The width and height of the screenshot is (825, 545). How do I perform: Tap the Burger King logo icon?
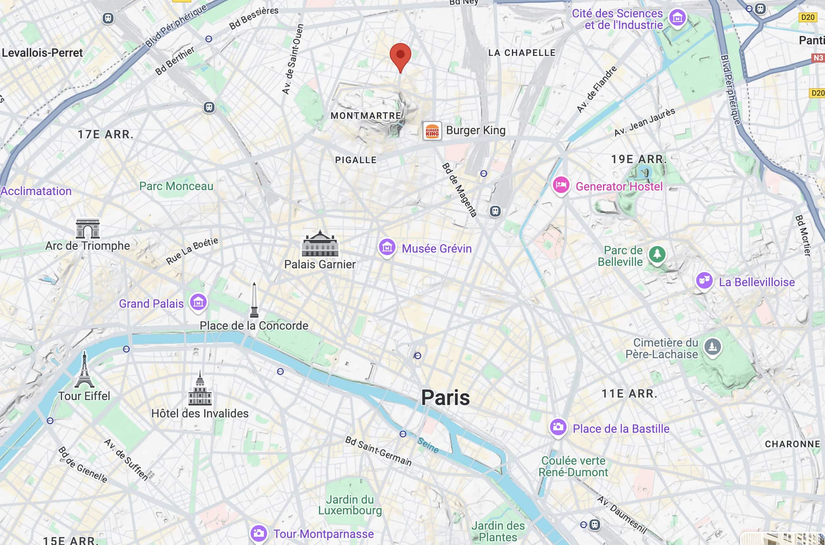(x=432, y=131)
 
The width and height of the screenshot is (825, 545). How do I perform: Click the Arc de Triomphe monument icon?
(x=88, y=229)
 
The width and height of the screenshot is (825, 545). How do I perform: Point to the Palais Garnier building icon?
(x=320, y=244)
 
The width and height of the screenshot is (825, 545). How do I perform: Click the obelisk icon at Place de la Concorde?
(x=254, y=300)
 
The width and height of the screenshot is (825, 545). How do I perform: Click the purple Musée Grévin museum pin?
(x=387, y=247)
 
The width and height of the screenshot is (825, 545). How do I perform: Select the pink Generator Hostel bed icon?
(x=561, y=185)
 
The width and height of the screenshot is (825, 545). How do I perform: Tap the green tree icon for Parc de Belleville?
(x=657, y=254)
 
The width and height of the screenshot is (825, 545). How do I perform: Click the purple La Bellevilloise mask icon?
(x=704, y=281)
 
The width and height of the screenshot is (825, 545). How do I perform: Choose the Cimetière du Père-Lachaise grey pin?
(x=712, y=346)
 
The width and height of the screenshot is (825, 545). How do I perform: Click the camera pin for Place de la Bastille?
(x=558, y=427)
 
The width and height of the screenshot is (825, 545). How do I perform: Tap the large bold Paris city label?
(x=445, y=398)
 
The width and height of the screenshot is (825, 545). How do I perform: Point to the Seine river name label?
(x=428, y=445)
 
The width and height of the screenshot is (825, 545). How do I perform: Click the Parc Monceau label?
(x=176, y=186)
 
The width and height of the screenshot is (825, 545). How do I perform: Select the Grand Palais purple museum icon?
(x=198, y=302)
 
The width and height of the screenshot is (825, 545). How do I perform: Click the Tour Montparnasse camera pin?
(x=258, y=533)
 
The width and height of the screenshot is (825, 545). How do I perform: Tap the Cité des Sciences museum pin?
(x=678, y=18)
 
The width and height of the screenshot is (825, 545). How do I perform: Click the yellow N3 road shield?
(x=818, y=58)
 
